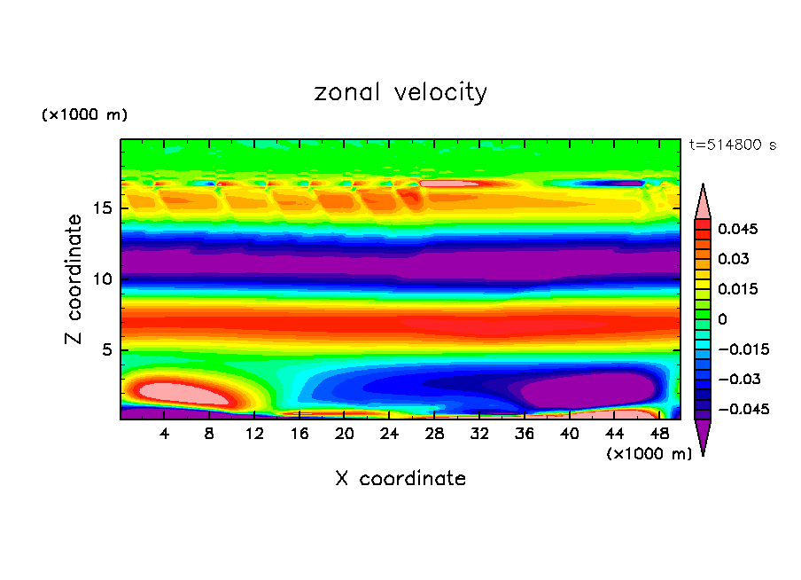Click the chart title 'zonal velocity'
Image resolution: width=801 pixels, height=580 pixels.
(400, 92)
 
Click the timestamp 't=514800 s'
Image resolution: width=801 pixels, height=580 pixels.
(732, 145)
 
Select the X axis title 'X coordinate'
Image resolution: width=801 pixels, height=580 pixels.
(400, 479)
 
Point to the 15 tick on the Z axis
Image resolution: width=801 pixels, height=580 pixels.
(101, 209)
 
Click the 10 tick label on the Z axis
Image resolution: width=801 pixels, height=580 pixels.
(101, 279)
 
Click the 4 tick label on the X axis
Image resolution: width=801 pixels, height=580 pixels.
(165, 433)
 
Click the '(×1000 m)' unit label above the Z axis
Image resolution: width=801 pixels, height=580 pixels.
(84, 115)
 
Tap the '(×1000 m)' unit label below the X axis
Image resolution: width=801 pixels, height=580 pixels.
(649, 454)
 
